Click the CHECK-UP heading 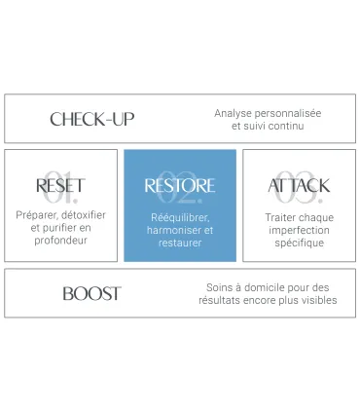click(x=92, y=119)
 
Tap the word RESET click(x=60, y=185)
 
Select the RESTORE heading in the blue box click(x=180, y=185)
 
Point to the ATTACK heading click(x=299, y=185)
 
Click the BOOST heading click(x=91, y=293)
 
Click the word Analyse click(x=234, y=113)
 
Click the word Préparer click(x=37, y=215)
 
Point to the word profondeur click(x=60, y=241)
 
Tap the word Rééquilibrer click(x=180, y=216)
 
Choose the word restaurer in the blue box click(x=180, y=243)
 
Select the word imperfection click(x=299, y=230)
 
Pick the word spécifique click(x=299, y=243)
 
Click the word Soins click(x=219, y=287)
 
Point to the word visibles click(x=318, y=301)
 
